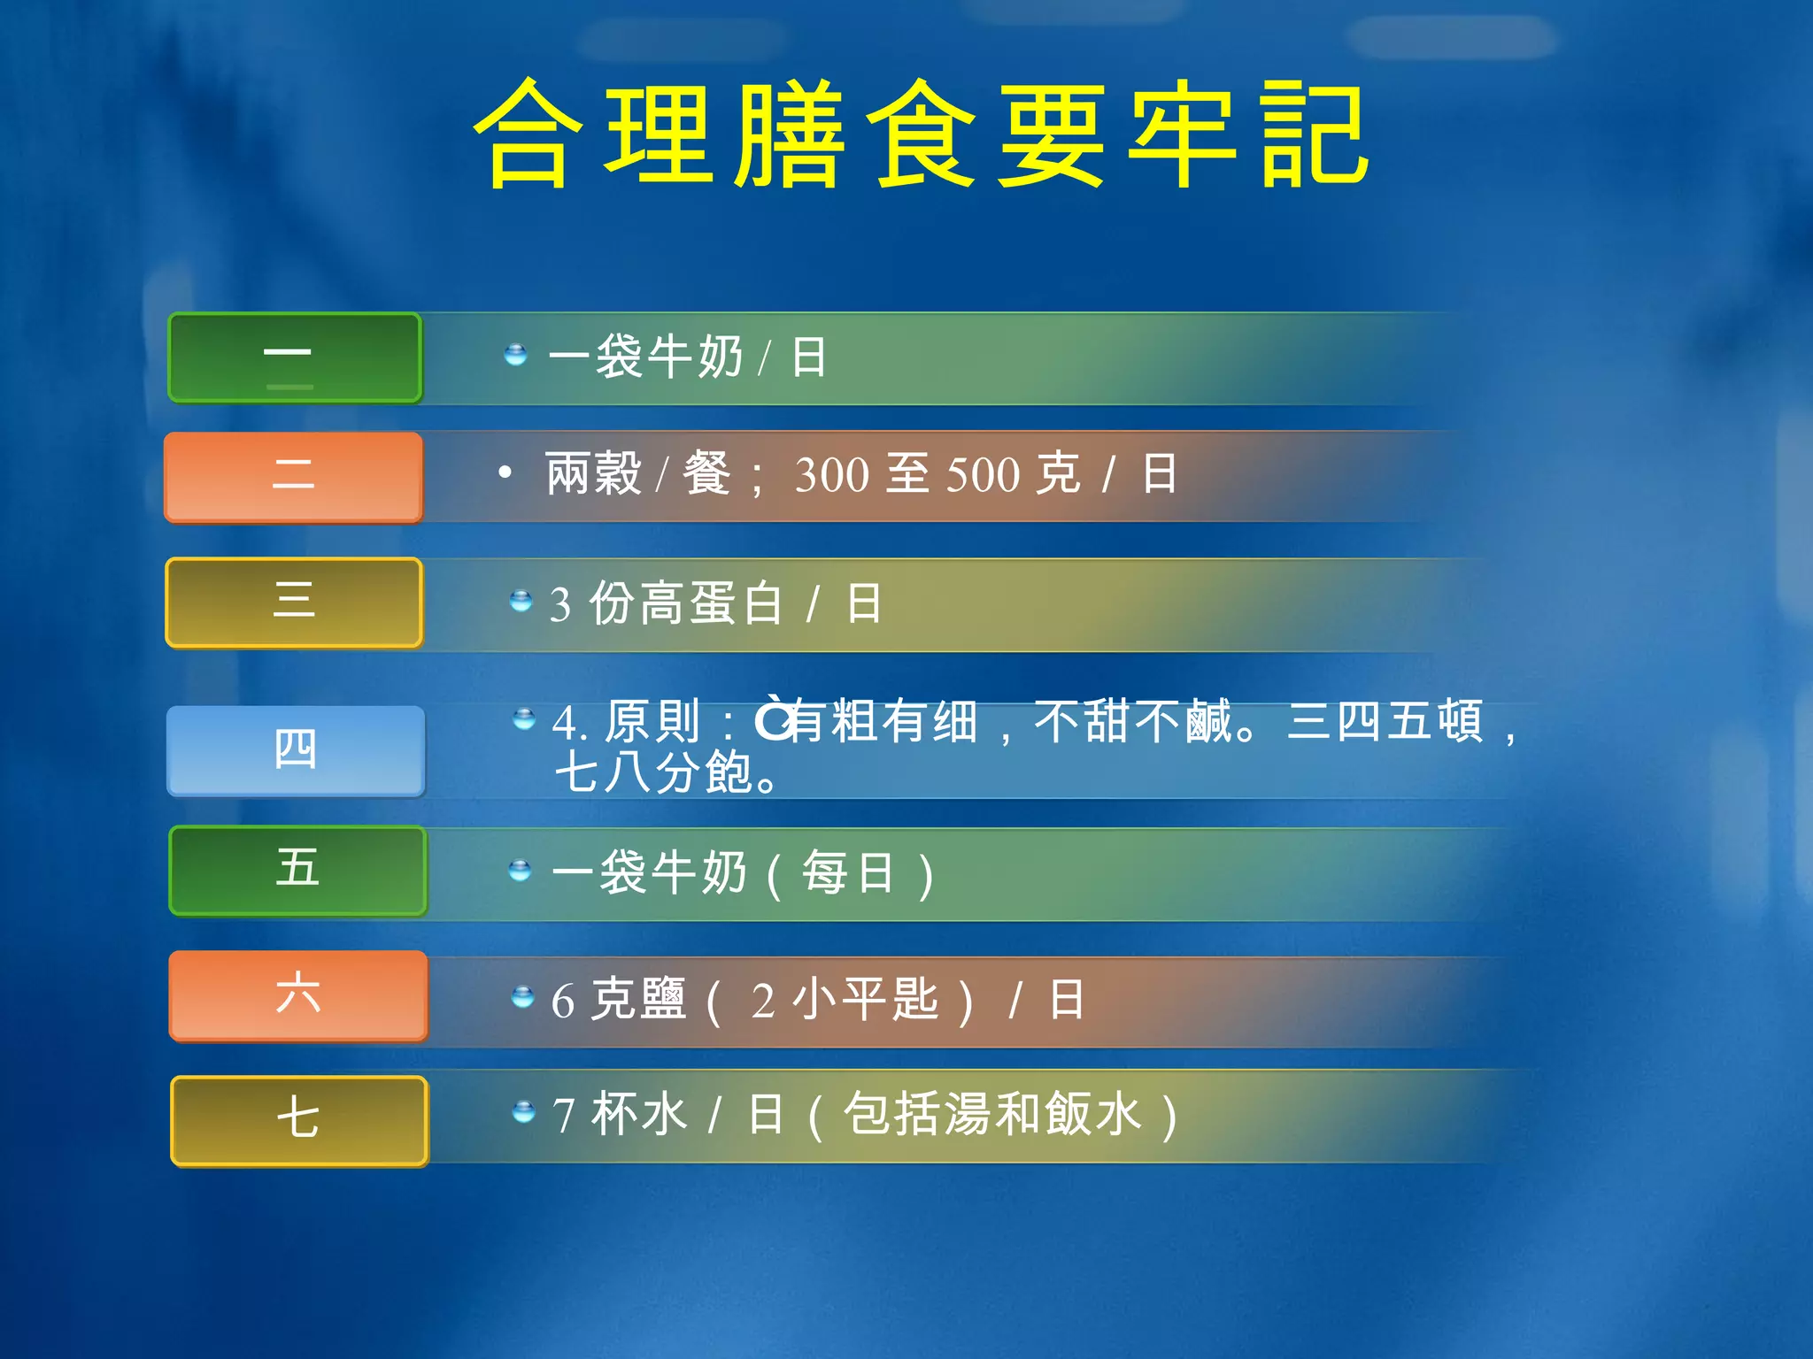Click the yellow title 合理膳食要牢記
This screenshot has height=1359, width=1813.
(x=921, y=134)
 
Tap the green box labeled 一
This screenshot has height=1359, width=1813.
(x=295, y=357)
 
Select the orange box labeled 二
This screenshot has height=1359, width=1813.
(x=294, y=476)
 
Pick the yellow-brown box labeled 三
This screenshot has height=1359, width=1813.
(x=294, y=602)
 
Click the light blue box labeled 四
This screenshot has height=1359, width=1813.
(x=296, y=750)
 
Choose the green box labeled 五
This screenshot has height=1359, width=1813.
(x=297, y=870)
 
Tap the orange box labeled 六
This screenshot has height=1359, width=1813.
(x=297, y=994)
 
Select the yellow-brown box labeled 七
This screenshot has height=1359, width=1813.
(x=298, y=1119)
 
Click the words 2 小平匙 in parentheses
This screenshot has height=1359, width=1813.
(x=845, y=1001)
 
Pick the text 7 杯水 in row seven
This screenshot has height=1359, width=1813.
(x=620, y=1114)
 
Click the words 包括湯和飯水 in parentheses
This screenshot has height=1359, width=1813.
(x=991, y=1114)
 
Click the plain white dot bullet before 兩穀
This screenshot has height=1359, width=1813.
(x=505, y=472)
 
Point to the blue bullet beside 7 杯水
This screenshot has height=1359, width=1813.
(x=524, y=1110)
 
